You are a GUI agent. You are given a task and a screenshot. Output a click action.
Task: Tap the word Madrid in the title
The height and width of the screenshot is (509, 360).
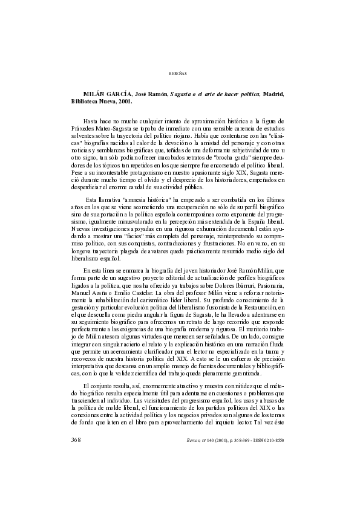point(270,96)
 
